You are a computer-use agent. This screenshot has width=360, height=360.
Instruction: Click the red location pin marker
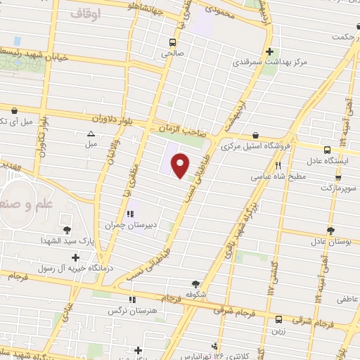[181, 166]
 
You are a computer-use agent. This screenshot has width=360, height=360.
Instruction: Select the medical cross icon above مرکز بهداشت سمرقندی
[270, 51]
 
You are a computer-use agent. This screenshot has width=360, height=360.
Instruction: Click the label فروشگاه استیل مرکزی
[255, 147]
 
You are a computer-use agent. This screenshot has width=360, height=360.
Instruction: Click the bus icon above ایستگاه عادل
[327, 149]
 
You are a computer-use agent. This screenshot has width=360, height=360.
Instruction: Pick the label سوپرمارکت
[338, 188]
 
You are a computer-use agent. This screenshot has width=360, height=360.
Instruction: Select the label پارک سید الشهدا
[67, 241]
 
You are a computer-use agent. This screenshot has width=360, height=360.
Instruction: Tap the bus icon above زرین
[278, 318]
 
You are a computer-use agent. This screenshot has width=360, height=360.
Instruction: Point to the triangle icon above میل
[91, 133]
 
